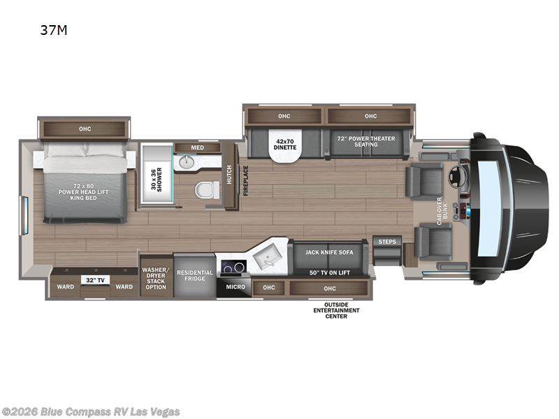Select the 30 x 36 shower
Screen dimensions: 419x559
(x=157, y=174)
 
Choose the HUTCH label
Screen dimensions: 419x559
(x=229, y=175)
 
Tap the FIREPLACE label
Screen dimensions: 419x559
(x=245, y=180)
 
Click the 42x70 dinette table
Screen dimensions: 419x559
(x=284, y=147)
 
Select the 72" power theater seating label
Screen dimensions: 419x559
(x=365, y=142)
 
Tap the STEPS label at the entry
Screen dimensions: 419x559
(x=386, y=242)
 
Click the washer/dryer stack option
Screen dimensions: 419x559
(x=156, y=277)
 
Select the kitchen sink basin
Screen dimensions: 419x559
(x=266, y=258)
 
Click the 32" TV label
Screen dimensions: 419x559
(x=96, y=279)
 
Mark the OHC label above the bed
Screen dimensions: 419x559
(x=85, y=128)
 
